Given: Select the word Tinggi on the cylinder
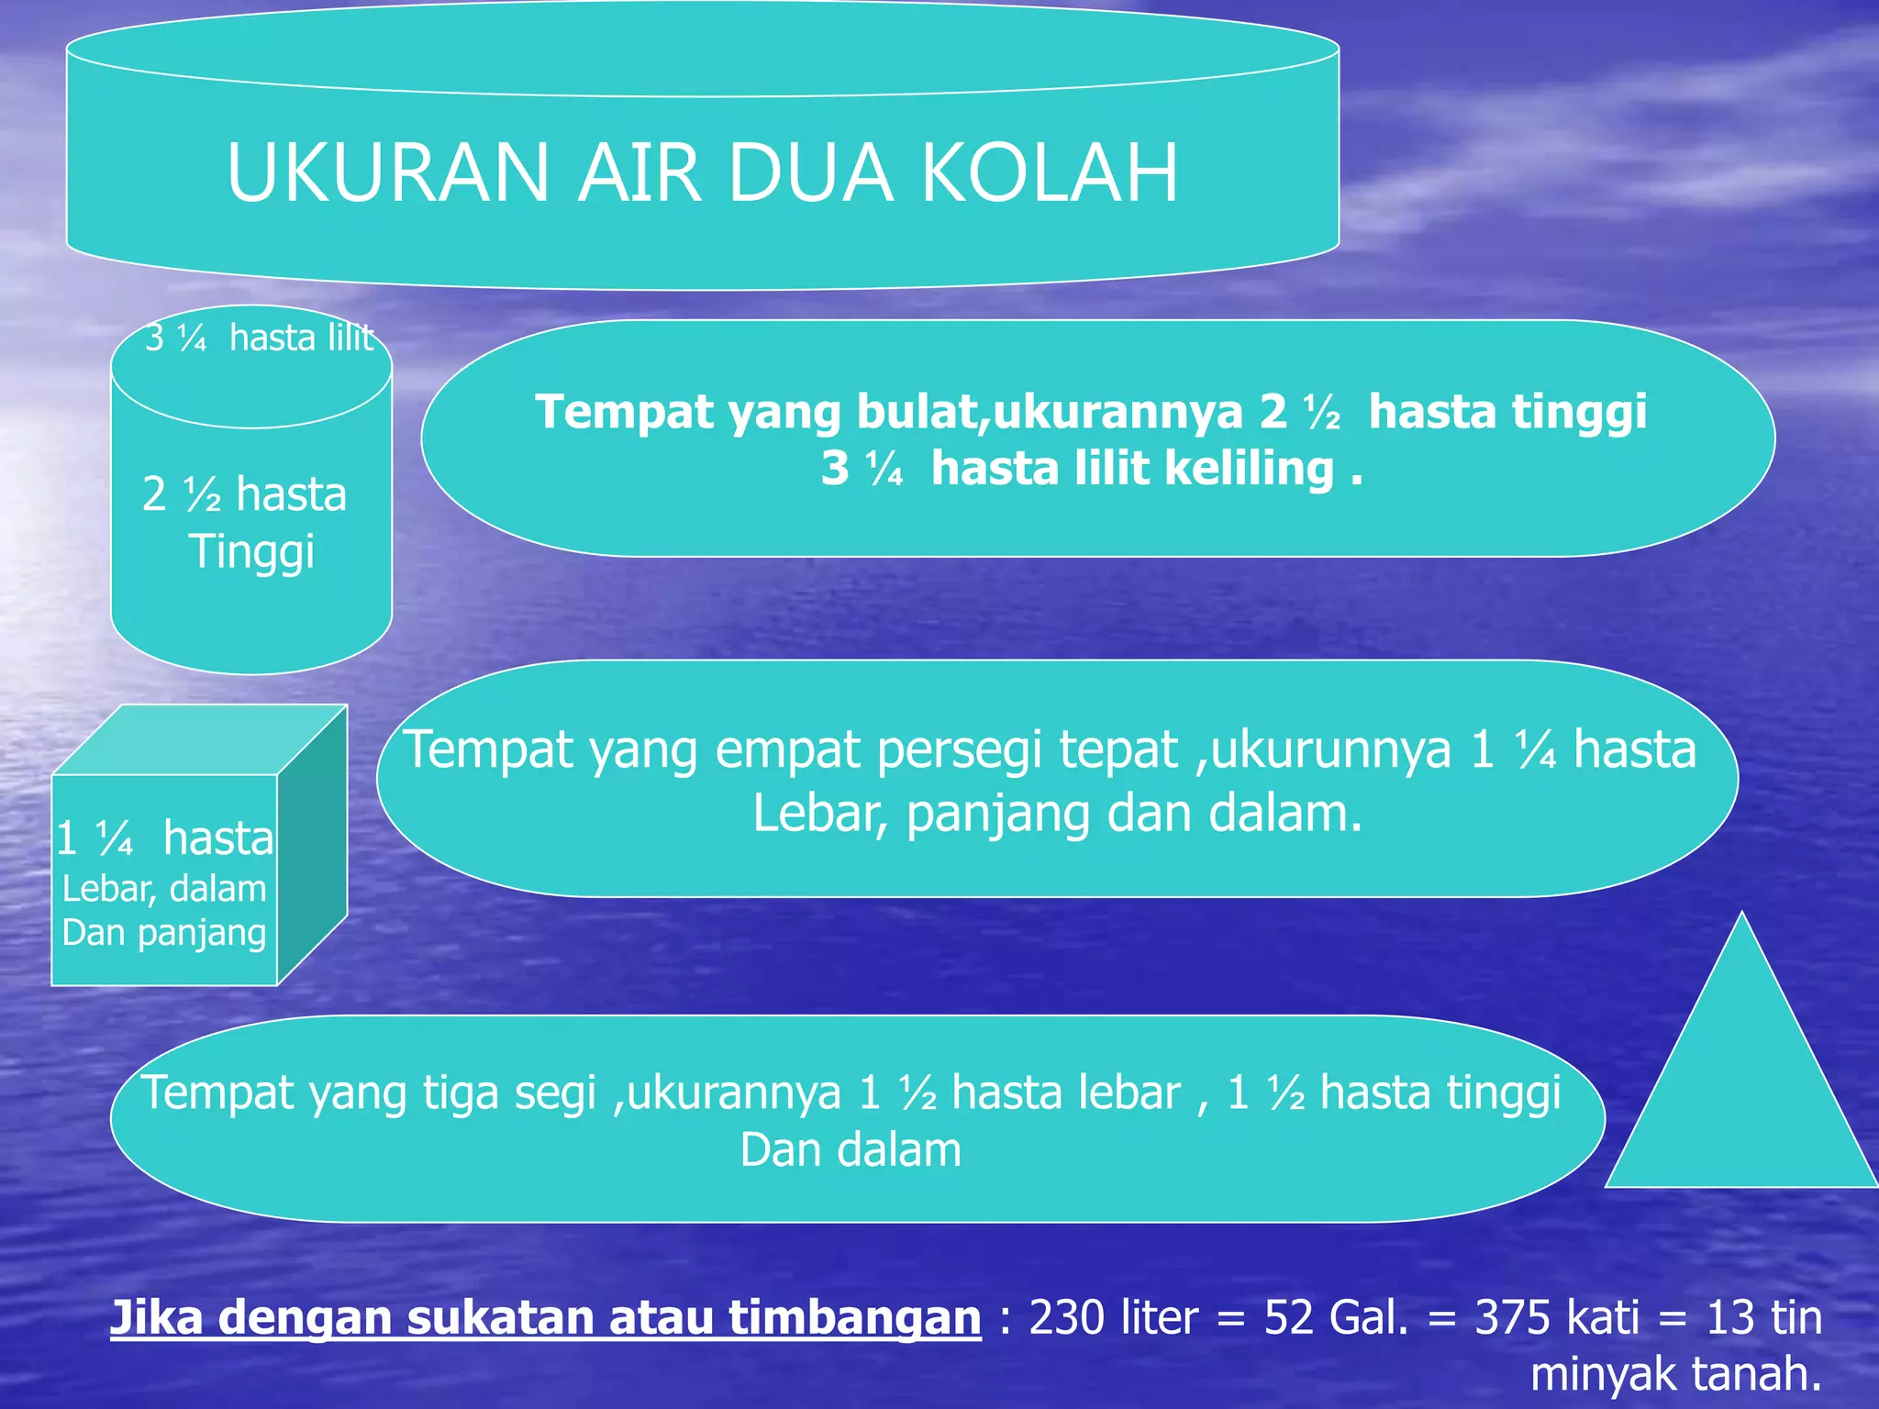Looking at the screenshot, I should [251, 551].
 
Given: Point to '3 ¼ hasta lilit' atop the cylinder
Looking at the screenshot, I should [259, 338].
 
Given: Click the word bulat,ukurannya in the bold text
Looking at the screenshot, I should [1049, 412].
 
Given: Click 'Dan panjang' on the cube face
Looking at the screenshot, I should [164, 933].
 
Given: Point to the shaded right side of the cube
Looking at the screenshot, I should [312, 844].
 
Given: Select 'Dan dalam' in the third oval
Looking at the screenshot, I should [851, 1150].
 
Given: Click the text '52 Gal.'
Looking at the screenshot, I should [1336, 1318].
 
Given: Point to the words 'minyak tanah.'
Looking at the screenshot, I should [1675, 1374].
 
